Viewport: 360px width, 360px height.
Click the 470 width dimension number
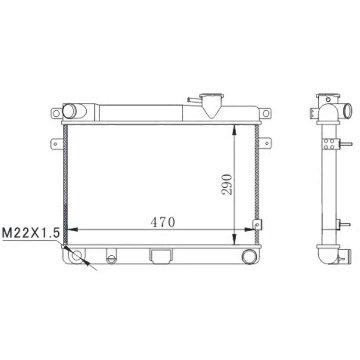coord(163,222)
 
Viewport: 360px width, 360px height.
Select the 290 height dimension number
coord(227,184)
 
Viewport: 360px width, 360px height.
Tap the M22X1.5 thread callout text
coord(31,233)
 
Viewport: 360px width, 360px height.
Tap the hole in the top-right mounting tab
coord(266,113)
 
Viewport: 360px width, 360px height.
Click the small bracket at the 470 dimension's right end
coord(257,224)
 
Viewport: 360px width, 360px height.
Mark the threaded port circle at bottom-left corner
coord(77,256)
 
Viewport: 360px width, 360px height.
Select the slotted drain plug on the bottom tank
coord(111,257)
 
